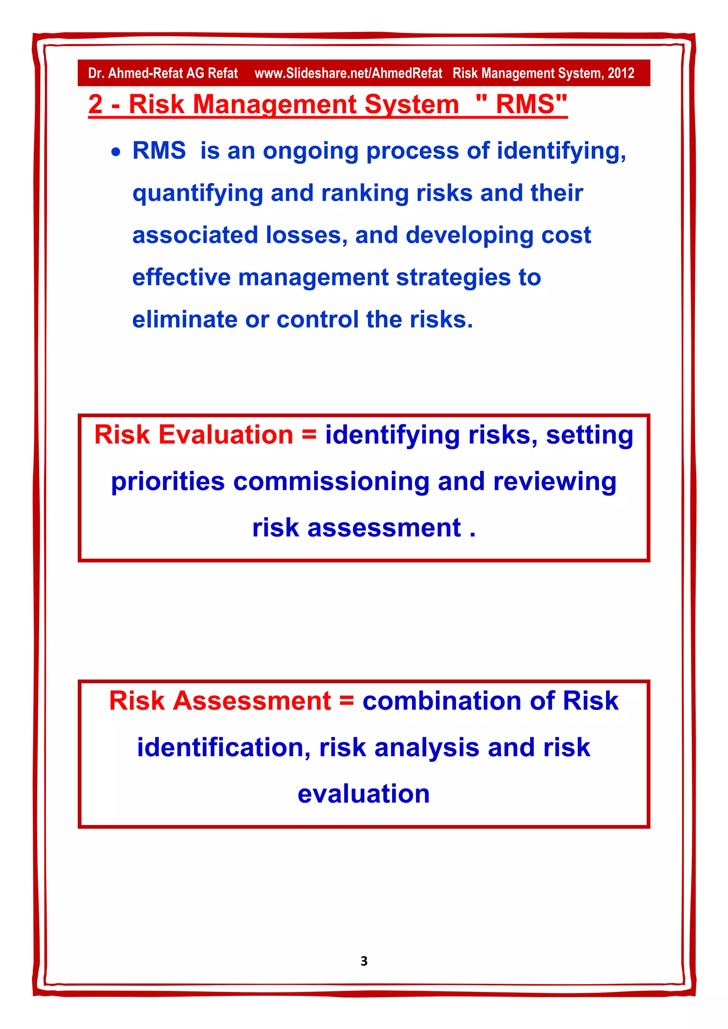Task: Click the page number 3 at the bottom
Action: pos(364,960)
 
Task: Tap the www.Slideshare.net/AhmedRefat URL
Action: pos(348,73)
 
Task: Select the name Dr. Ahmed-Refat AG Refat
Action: pos(163,73)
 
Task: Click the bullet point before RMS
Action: pos(116,152)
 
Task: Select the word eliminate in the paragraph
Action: pos(185,319)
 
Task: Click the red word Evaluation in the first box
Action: pos(225,435)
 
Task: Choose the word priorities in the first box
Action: pos(168,482)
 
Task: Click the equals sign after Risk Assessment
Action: pos(347,700)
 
